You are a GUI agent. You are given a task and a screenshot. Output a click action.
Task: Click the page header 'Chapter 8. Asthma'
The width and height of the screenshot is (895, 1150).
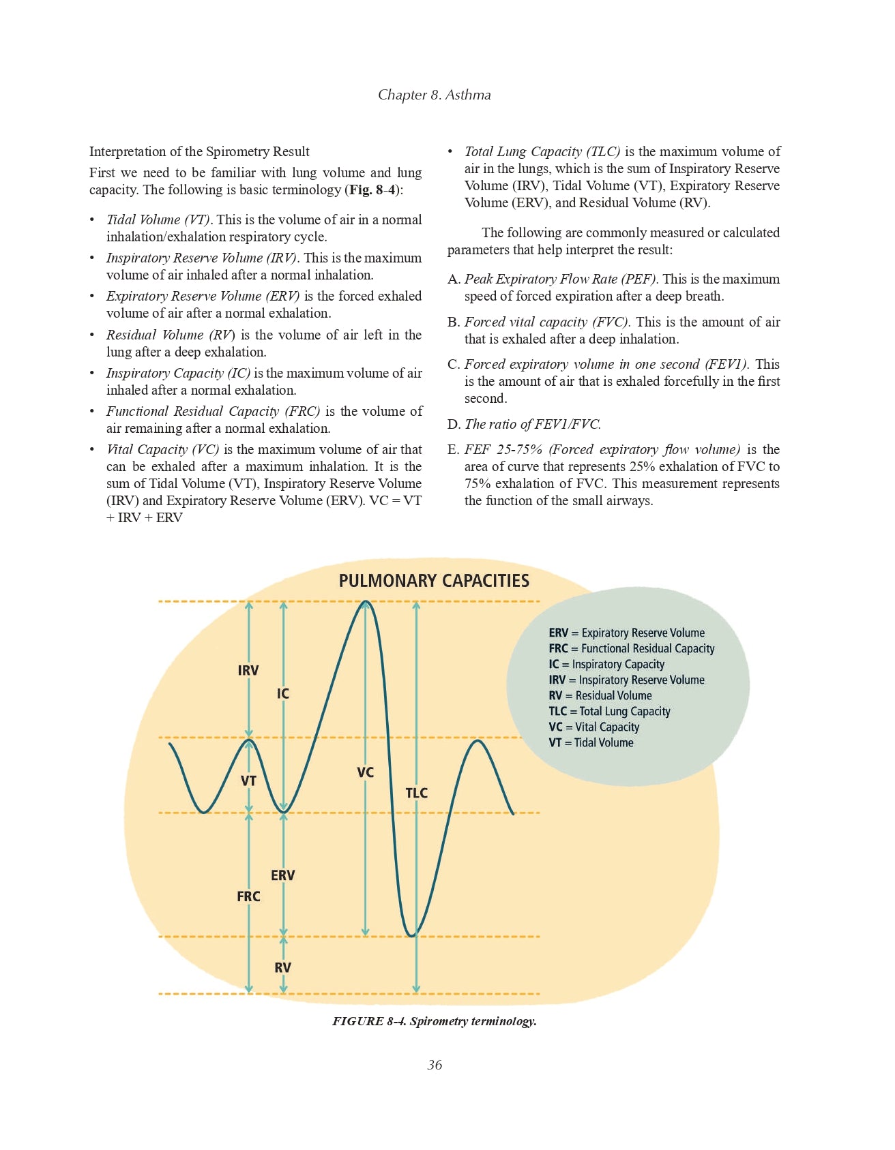435,95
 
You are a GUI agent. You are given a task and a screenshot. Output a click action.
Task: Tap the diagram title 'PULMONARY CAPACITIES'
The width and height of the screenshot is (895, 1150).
434,581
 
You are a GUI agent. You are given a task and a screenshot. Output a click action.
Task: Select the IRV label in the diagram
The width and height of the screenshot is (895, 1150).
248,671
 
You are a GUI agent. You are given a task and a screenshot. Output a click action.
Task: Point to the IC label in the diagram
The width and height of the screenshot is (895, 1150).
283,694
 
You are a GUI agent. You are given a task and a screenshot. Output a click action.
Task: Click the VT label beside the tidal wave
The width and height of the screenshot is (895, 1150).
248,781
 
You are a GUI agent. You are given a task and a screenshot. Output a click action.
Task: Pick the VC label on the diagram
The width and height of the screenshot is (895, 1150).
366,773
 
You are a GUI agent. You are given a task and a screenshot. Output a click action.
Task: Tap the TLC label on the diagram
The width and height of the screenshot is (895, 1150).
416,793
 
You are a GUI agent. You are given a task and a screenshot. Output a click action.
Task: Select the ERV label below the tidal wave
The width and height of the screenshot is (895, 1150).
283,875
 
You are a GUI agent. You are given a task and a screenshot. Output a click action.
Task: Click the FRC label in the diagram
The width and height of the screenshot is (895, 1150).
248,896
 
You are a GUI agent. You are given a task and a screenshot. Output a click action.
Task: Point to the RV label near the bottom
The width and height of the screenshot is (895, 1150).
283,968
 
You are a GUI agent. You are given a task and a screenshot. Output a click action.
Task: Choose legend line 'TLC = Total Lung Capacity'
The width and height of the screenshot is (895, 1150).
609,712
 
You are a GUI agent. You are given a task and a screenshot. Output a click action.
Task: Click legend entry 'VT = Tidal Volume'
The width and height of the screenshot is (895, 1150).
591,743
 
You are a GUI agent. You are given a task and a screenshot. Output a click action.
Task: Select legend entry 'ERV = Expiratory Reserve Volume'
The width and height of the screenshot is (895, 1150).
626,633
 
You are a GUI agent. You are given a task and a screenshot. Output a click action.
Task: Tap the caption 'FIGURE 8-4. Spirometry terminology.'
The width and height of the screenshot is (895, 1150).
435,1021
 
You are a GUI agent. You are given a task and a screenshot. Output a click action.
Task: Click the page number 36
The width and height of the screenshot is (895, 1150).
435,1065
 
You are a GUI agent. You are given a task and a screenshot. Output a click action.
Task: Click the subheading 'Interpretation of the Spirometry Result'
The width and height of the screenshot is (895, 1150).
199,151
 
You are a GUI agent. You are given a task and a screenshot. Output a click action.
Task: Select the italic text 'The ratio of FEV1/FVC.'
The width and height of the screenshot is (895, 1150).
533,424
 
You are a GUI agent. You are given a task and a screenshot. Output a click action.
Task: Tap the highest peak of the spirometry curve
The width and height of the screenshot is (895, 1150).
366,602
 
